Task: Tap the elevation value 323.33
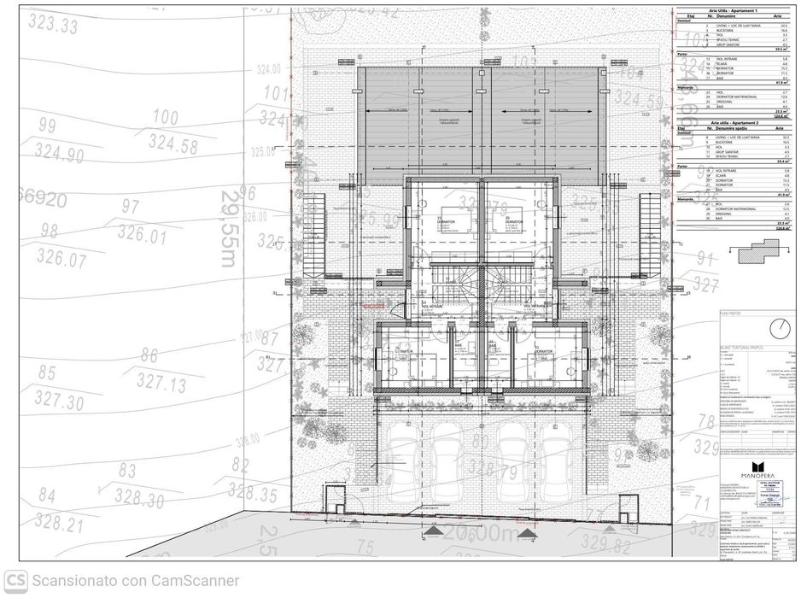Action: click(52, 24)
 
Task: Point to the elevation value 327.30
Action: click(61, 402)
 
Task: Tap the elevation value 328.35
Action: click(253, 494)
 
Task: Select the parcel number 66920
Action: click(32, 199)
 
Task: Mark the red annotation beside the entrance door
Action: click(374, 305)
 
